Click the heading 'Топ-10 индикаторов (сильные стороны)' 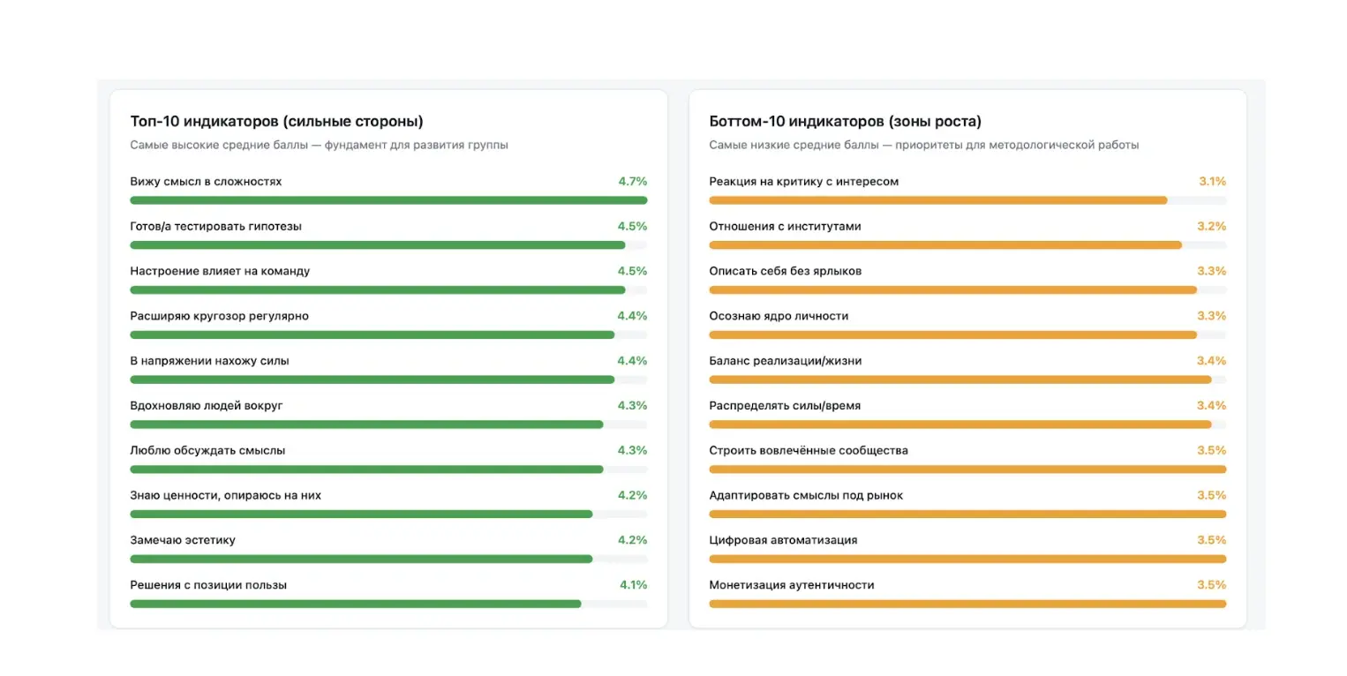pyautogui.click(x=276, y=122)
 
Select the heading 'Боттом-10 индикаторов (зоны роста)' pyautogui.click(x=845, y=122)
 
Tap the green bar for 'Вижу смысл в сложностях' pyautogui.click(x=388, y=200)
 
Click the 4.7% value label pyautogui.click(x=633, y=181)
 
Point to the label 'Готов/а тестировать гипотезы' pyautogui.click(x=216, y=226)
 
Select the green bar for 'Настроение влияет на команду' pyautogui.click(x=378, y=289)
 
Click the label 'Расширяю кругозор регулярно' pyautogui.click(x=220, y=316)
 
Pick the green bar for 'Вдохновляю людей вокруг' pyautogui.click(x=367, y=424)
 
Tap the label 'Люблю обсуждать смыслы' pyautogui.click(x=207, y=450)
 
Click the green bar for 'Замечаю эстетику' pyautogui.click(x=361, y=559)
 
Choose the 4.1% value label pyautogui.click(x=633, y=584)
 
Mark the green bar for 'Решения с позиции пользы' pyautogui.click(x=356, y=604)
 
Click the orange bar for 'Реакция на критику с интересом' pyautogui.click(x=938, y=200)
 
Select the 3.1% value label pyautogui.click(x=1212, y=181)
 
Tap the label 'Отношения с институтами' pyautogui.click(x=785, y=226)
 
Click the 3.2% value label pyautogui.click(x=1211, y=226)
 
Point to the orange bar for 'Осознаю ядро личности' pyautogui.click(x=952, y=335)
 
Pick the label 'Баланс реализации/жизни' pyautogui.click(x=786, y=361)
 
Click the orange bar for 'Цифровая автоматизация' pyautogui.click(x=967, y=559)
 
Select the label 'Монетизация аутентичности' pyautogui.click(x=792, y=585)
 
